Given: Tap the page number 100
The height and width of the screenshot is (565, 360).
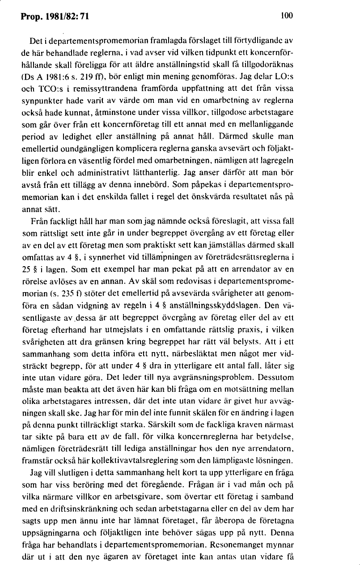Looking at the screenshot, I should [x=286, y=16].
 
